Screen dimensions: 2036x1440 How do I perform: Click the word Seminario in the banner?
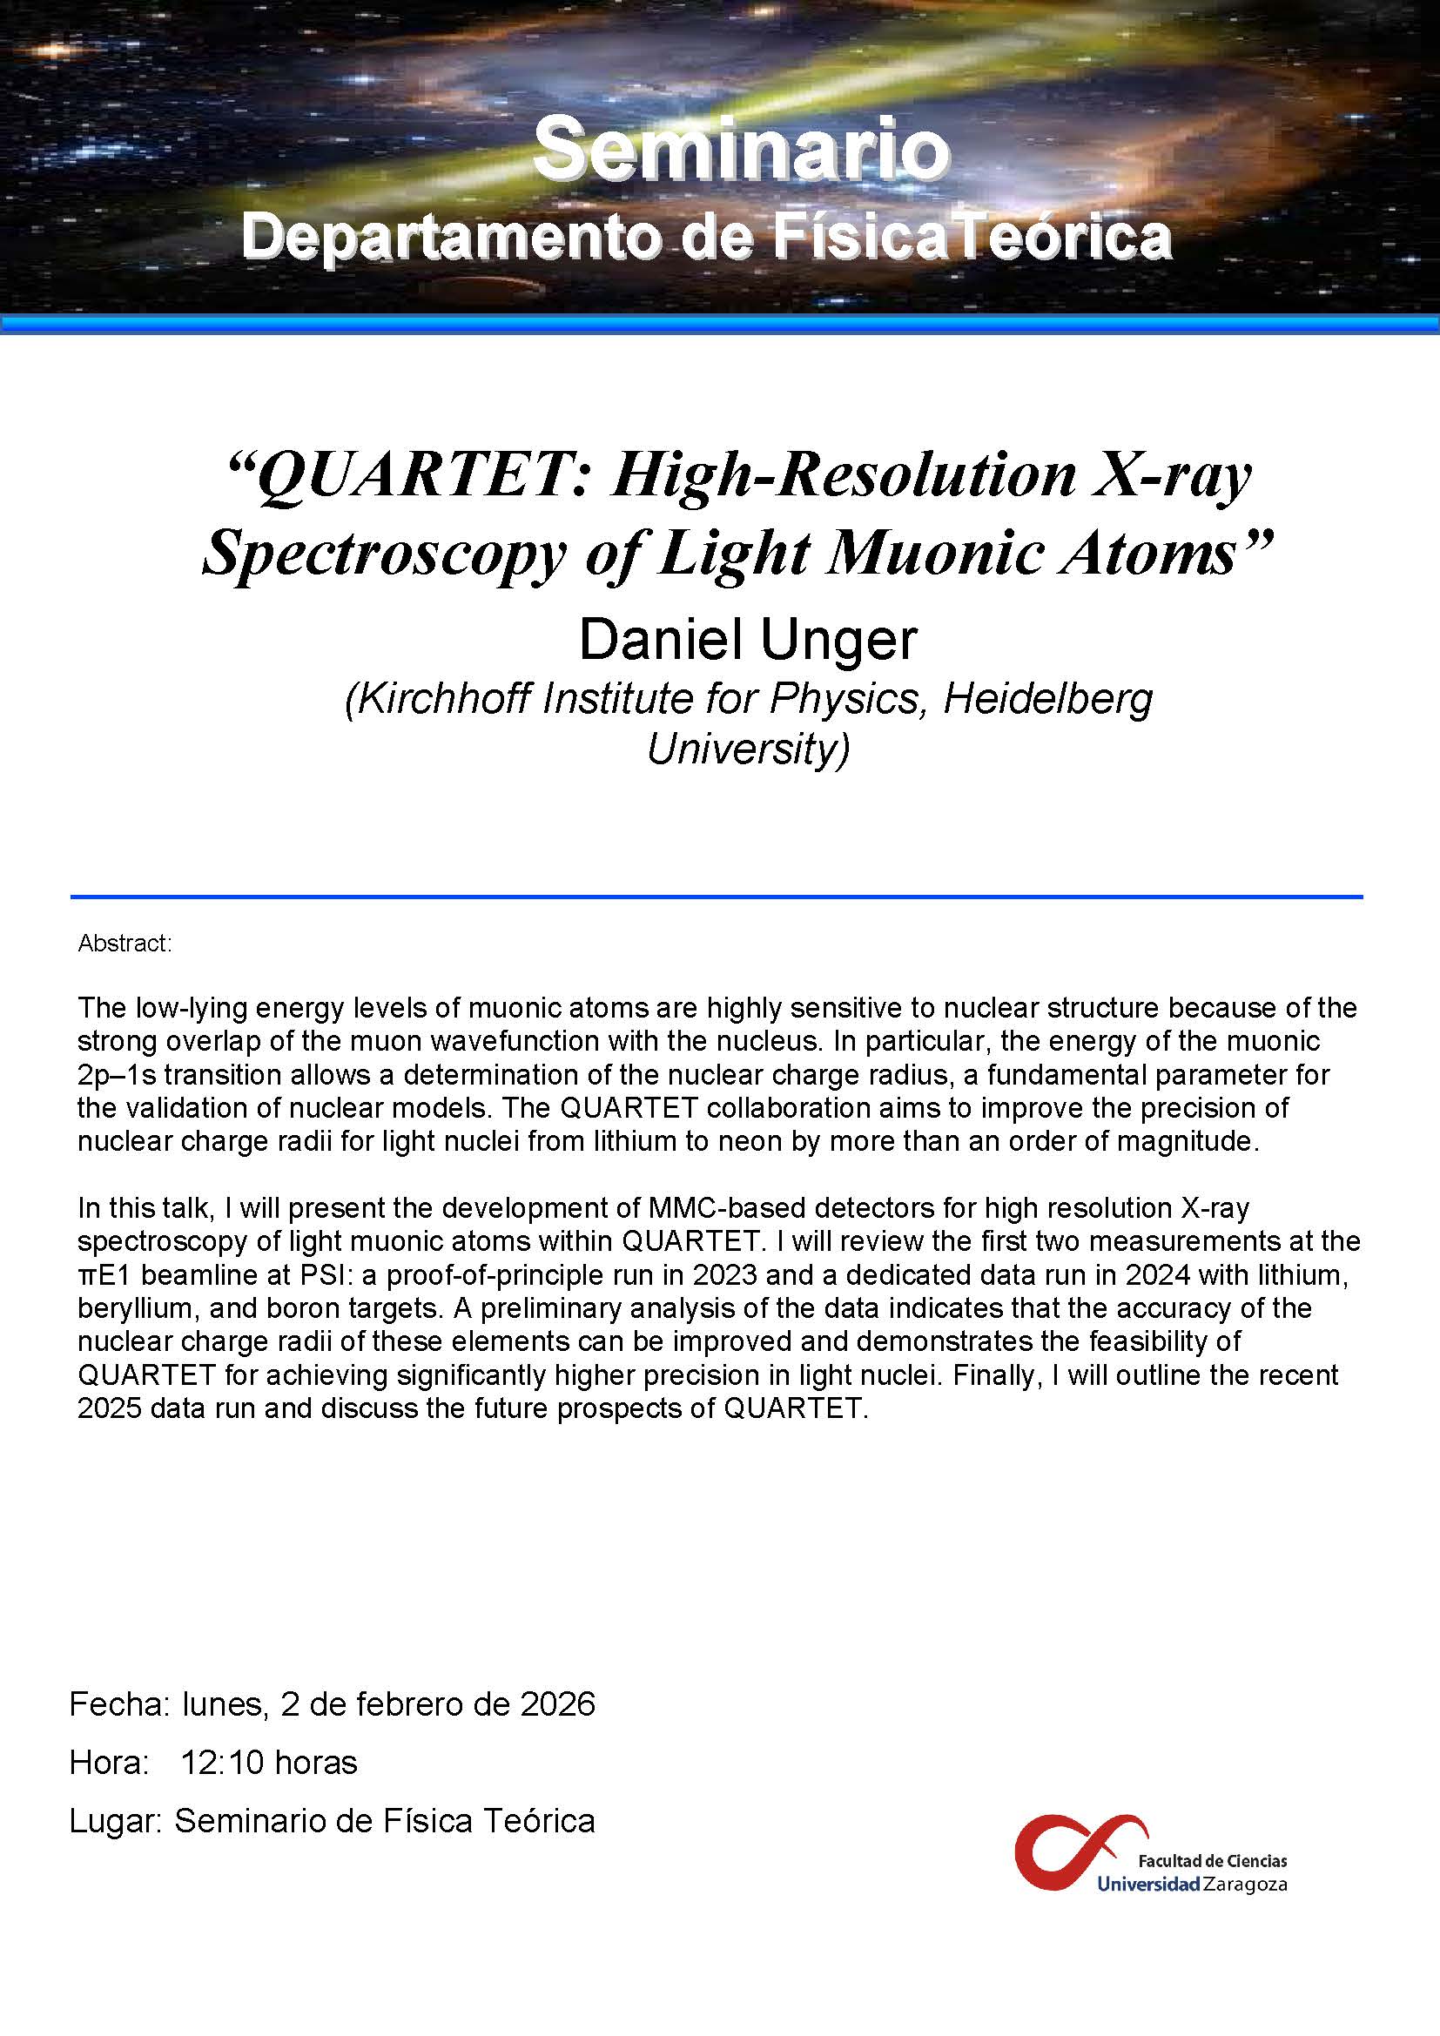(741, 151)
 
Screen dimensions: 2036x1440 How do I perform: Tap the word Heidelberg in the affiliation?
(1047, 699)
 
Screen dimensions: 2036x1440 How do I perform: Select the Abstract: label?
(124, 944)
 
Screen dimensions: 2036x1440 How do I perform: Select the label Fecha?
(118, 1704)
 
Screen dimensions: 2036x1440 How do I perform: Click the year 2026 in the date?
(558, 1704)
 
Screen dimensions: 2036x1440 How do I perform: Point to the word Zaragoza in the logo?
(1245, 1885)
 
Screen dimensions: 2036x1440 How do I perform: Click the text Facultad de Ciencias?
(1212, 1860)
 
